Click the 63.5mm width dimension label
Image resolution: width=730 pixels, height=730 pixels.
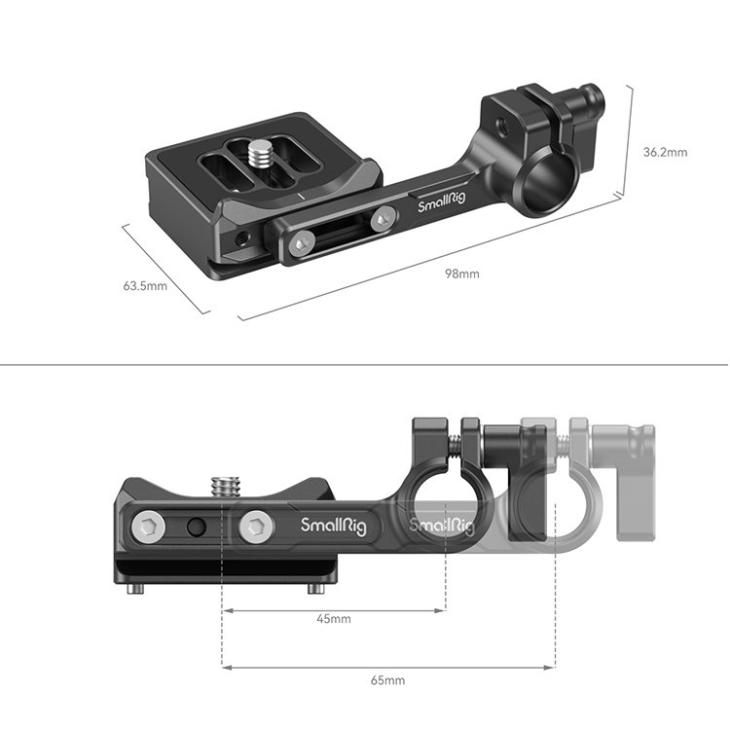145,286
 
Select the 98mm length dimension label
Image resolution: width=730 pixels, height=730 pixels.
461,274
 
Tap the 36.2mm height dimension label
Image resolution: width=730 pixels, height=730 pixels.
666,152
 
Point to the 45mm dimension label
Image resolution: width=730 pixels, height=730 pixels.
334,619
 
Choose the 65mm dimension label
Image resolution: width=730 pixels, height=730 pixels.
388,679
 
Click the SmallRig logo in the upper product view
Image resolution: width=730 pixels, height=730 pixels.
439,205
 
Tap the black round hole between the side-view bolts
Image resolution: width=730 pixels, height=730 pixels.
198,529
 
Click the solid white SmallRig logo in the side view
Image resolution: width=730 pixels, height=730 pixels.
333,526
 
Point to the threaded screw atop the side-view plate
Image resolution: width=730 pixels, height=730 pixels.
224,484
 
